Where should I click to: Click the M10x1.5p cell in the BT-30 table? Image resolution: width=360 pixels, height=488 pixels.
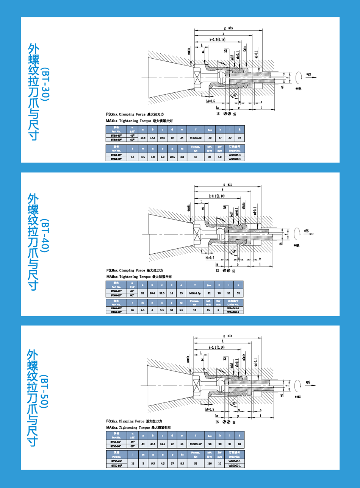tap(196, 138)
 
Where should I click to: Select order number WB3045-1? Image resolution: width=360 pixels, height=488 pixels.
tap(235, 155)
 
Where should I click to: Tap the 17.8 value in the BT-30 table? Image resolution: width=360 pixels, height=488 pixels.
tap(152, 138)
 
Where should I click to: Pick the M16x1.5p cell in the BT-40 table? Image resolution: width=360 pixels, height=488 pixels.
tap(195, 293)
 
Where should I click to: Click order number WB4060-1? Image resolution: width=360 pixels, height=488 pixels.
tap(233, 312)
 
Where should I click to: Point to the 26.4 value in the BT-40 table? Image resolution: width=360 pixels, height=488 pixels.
tap(152, 293)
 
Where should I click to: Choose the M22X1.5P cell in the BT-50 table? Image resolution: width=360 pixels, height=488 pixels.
tap(195, 444)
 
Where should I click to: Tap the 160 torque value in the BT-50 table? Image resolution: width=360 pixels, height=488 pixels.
tap(210, 463)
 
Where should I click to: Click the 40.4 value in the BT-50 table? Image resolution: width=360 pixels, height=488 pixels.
tap(153, 444)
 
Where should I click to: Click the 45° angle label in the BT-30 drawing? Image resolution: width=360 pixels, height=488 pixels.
tap(235, 95)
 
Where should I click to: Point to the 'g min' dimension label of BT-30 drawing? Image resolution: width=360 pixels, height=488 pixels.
tap(228, 28)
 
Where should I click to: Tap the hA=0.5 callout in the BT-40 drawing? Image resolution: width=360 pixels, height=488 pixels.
tap(210, 257)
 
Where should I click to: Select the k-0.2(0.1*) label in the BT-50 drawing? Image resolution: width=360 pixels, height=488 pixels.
tap(217, 347)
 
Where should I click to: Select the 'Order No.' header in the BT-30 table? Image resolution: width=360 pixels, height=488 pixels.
tap(235, 151)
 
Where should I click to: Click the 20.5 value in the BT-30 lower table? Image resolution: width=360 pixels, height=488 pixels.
tap(172, 157)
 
